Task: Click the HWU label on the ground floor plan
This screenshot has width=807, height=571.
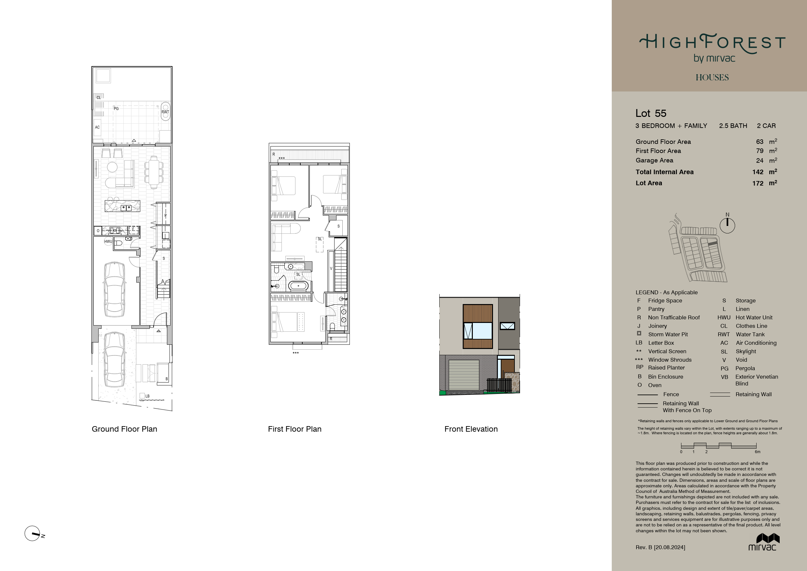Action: click(x=108, y=242)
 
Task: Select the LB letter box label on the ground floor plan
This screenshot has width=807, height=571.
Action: click(x=147, y=396)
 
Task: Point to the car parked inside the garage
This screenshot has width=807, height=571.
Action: click(x=115, y=289)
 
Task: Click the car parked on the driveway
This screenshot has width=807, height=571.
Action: click(x=115, y=359)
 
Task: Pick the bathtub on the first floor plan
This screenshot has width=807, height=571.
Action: click(x=298, y=286)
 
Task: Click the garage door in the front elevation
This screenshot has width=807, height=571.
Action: click(x=464, y=375)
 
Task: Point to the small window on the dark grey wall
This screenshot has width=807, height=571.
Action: click(x=507, y=326)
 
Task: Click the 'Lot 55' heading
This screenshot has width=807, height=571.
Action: click(x=651, y=113)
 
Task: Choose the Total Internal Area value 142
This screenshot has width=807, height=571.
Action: click(x=758, y=172)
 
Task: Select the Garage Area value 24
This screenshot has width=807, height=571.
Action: click(x=759, y=161)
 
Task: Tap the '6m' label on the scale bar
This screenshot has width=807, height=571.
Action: click(x=758, y=452)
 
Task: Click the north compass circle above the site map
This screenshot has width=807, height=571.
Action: click(x=727, y=225)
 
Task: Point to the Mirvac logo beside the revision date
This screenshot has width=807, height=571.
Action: click(x=762, y=542)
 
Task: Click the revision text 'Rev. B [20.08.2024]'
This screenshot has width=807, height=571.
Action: click(x=661, y=548)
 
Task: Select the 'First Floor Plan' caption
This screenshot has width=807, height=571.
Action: click(x=294, y=429)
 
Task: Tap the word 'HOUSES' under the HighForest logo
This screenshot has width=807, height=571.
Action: click(x=712, y=77)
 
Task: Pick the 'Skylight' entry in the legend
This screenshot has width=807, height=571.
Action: click(x=746, y=351)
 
